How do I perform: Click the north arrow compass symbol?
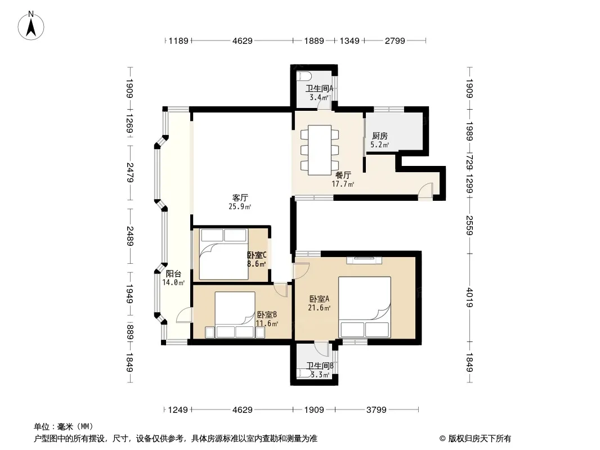tap(31, 26)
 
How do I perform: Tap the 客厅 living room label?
tap(240, 197)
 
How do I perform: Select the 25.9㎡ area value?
tap(240, 207)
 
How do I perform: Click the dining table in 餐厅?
tap(320, 150)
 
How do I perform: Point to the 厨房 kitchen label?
tap(379, 136)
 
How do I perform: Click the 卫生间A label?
tap(319, 88)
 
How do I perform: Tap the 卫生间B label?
tap(320, 366)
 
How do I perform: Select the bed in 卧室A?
tap(365, 307)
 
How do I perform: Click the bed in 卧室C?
tap(224, 254)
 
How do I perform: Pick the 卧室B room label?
tap(267, 314)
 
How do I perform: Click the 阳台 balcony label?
tap(173, 274)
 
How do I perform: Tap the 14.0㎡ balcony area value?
tap(174, 282)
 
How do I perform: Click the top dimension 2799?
tap(395, 40)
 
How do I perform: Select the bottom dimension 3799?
tap(377, 410)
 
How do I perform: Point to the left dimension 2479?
tap(130, 173)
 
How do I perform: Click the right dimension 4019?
tap(470, 297)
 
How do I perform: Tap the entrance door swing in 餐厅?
tap(425, 191)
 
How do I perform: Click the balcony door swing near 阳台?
tap(183, 315)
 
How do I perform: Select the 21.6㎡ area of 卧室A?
tap(320, 308)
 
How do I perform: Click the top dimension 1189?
tap(178, 40)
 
